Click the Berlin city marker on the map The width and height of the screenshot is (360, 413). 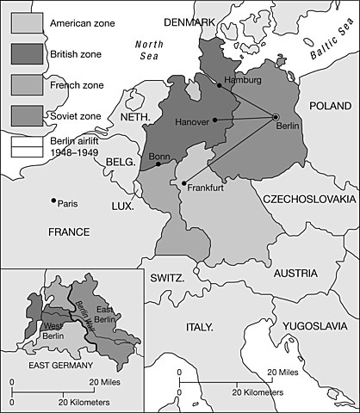pyautogui.click(x=276, y=117)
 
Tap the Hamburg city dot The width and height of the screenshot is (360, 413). pyautogui.click(x=219, y=86)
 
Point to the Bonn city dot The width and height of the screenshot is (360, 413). pyautogui.click(x=158, y=163)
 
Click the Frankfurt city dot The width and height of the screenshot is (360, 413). pyautogui.click(x=184, y=182)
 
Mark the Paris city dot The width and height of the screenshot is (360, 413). pyautogui.click(x=53, y=202)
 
